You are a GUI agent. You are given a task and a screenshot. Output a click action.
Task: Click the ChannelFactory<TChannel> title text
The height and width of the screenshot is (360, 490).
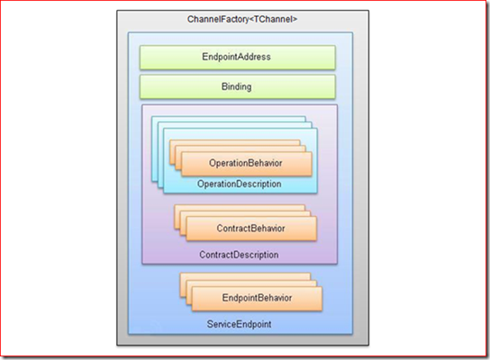pyautogui.click(x=242, y=20)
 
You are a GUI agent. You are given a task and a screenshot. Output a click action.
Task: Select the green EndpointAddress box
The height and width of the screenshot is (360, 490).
pyautogui.click(x=238, y=57)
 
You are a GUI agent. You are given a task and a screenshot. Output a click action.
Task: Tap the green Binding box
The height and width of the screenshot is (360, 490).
pyautogui.click(x=238, y=86)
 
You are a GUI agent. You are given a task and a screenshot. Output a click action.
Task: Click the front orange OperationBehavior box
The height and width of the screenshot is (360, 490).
pyautogui.click(x=247, y=164)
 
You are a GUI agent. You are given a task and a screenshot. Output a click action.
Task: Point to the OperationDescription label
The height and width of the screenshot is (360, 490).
pyautogui.click(x=239, y=184)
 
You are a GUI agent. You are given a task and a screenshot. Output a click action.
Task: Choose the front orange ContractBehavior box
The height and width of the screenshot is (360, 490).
pyautogui.click(x=251, y=229)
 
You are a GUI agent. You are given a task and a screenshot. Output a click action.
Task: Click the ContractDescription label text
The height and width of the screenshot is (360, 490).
pyautogui.click(x=239, y=255)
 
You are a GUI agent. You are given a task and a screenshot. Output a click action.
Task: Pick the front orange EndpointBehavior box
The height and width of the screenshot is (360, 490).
pyautogui.click(x=257, y=299)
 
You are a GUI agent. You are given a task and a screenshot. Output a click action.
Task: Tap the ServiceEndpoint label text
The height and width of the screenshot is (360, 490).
pyautogui.click(x=239, y=324)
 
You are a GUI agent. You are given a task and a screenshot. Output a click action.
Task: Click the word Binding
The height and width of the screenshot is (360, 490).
pyautogui.click(x=237, y=86)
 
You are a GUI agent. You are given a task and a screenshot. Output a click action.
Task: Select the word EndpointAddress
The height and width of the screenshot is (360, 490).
pyautogui.click(x=236, y=57)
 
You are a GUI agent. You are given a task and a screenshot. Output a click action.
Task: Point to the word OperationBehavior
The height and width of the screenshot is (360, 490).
pyautogui.click(x=246, y=163)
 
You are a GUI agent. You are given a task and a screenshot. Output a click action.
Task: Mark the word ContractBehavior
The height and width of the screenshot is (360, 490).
pyautogui.click(x=250, y=229)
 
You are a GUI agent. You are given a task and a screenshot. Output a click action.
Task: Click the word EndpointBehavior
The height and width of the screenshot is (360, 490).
pyautogui.click(x=257, y=298)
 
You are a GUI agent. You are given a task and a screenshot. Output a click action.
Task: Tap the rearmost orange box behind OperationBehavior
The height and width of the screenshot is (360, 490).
pyautogui.click(x=234, y=143)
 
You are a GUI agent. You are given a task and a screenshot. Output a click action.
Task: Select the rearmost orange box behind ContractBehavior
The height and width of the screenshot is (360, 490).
pyautogui.click(x=240, y=208)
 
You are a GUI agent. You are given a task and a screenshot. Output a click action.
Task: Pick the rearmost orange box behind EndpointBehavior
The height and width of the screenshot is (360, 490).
pyautogui.click(x=245, y=275)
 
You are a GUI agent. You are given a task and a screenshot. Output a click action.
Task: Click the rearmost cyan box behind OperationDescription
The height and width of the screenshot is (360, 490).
pyautogui.click(x=228, y=119)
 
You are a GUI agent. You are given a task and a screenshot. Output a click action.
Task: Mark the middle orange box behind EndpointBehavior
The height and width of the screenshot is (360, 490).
pyautogui.click(x=251, y=283)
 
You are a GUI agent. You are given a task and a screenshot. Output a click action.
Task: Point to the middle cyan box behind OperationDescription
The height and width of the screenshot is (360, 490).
pyautogui.click(x=234, y=125)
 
